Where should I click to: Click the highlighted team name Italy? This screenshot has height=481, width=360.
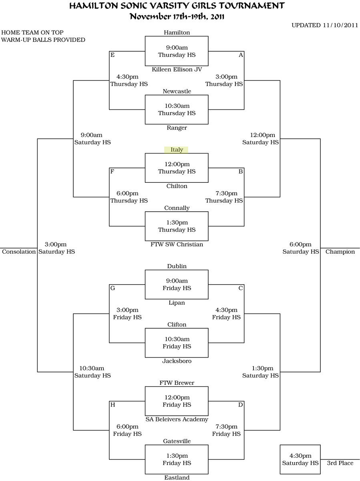(x=177, y=150)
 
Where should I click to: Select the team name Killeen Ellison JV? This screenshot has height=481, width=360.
(x=177, y=69)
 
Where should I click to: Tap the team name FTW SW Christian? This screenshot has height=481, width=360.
(x=177, y=245)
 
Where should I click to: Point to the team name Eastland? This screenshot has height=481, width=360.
(x=177, y=477)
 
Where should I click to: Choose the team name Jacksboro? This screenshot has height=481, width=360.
(x=177, y=361)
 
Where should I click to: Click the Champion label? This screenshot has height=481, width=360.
(x=340, y=252)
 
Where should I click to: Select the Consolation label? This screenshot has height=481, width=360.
(x=19, y=252)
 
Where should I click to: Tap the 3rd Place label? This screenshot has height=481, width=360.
(x=340, y=463)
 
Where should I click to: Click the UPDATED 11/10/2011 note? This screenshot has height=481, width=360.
(x=324, y=25)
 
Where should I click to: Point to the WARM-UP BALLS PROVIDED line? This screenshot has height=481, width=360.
(x=43, y=40)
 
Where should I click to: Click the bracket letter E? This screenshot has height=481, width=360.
(x=113, y=55)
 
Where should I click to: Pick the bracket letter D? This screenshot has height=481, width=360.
(x=241, y=405)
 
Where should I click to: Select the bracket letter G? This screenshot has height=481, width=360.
(x=113, y=288)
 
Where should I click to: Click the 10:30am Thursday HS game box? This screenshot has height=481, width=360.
(x=177, y=109)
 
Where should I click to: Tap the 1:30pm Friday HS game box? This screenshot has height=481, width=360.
(x=177, y=459)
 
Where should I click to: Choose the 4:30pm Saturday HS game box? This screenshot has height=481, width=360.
(x=300, y=459)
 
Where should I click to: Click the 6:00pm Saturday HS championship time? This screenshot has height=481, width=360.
(x=300, y=248)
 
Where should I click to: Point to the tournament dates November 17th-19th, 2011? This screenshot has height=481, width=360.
(x=177, y=16)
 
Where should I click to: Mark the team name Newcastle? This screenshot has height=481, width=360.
(x=177, y=91)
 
